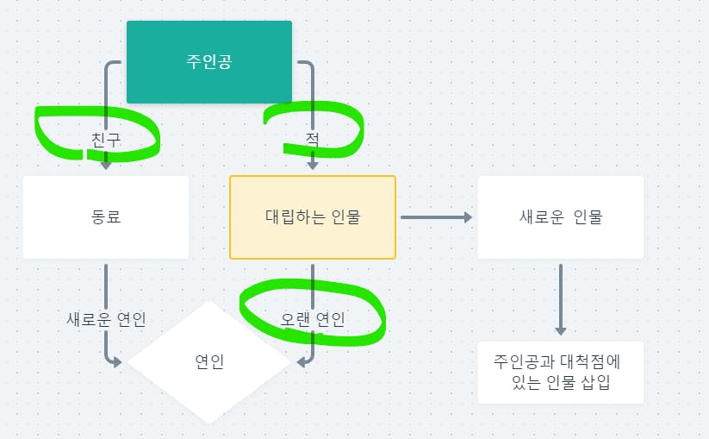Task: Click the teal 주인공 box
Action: click(x=209, y=62)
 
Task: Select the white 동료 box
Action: click(x=106, y=216)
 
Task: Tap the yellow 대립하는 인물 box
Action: click(x=312, y=216)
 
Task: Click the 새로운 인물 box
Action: click(x=560, y=216)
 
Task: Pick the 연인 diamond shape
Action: click(x=209, y=362)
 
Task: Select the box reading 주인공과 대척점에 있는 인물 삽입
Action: click(x=560, y=372)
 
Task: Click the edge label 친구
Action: click(x=106, y=138)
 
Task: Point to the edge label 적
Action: click(x=312, y=138)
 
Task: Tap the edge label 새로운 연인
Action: click(x=106, y=319)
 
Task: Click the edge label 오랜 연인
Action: click(x=313, y=319)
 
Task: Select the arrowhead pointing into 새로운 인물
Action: click(x=469, y=217)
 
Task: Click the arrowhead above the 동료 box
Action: click(x=106, y=165)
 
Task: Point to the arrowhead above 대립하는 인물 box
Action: click(x=313, y=164)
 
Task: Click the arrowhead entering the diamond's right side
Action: click(x=302, y=362)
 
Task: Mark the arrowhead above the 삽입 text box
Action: click(x=561, y=330)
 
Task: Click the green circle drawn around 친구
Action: click(x=39, y=129)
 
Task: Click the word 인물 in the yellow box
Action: click(x=345, y=216)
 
